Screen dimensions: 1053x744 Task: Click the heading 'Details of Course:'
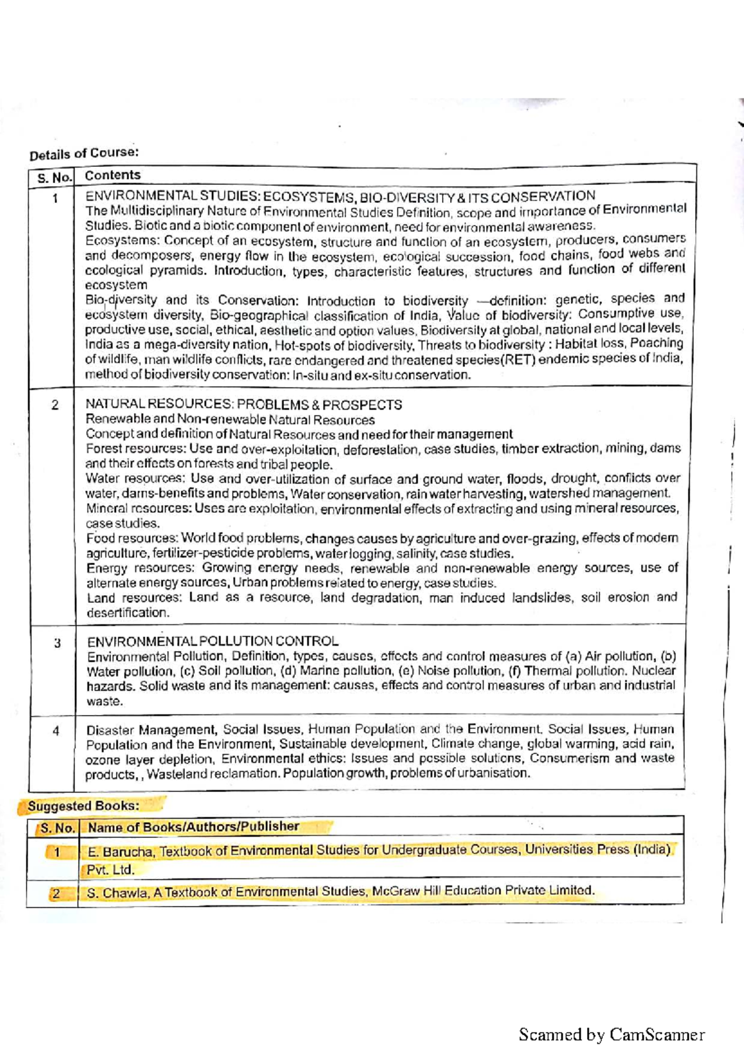tap(84, 153)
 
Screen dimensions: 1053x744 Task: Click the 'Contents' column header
tap(113, 175)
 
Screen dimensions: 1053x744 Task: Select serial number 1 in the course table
tap(55, 199)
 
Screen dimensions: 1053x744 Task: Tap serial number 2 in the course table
tap(55, 405)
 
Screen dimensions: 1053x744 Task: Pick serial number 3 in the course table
tap(57, 642)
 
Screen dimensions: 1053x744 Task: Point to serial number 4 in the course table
tap(56, 731)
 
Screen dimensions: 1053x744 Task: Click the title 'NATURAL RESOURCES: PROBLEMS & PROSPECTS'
tap(244, 405)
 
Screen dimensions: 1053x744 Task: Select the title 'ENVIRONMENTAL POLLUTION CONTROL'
tap(213, 641)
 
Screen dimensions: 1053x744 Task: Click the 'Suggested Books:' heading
tap(83, 806)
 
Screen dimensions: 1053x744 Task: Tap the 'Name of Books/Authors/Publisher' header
tap(193, 827)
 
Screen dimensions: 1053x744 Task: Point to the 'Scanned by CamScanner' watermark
tap(611, 1034)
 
